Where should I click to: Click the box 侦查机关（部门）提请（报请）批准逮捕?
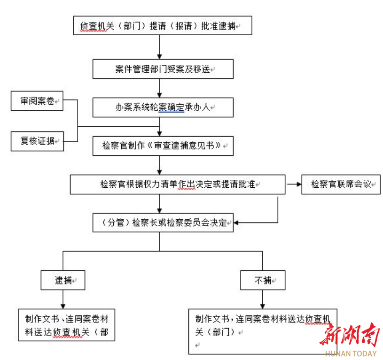click(163, 26)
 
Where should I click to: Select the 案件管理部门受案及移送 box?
click(163, 69)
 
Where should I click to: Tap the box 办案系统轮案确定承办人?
click(163, 107)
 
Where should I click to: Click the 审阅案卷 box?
click(37, 101)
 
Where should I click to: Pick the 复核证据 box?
click(37, 141)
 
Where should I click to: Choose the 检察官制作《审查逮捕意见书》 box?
click(163, 146)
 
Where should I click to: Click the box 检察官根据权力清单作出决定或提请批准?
click(177, 184)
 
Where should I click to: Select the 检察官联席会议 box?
click(340, 184)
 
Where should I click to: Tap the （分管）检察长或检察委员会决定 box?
click(163, 222)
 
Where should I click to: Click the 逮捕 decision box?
click(63, 280)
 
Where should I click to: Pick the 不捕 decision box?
click(263, 280)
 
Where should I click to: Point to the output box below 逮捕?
click(66, 325)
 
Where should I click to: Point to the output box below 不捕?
click(263, 331)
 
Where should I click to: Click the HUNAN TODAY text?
click(351, 354)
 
